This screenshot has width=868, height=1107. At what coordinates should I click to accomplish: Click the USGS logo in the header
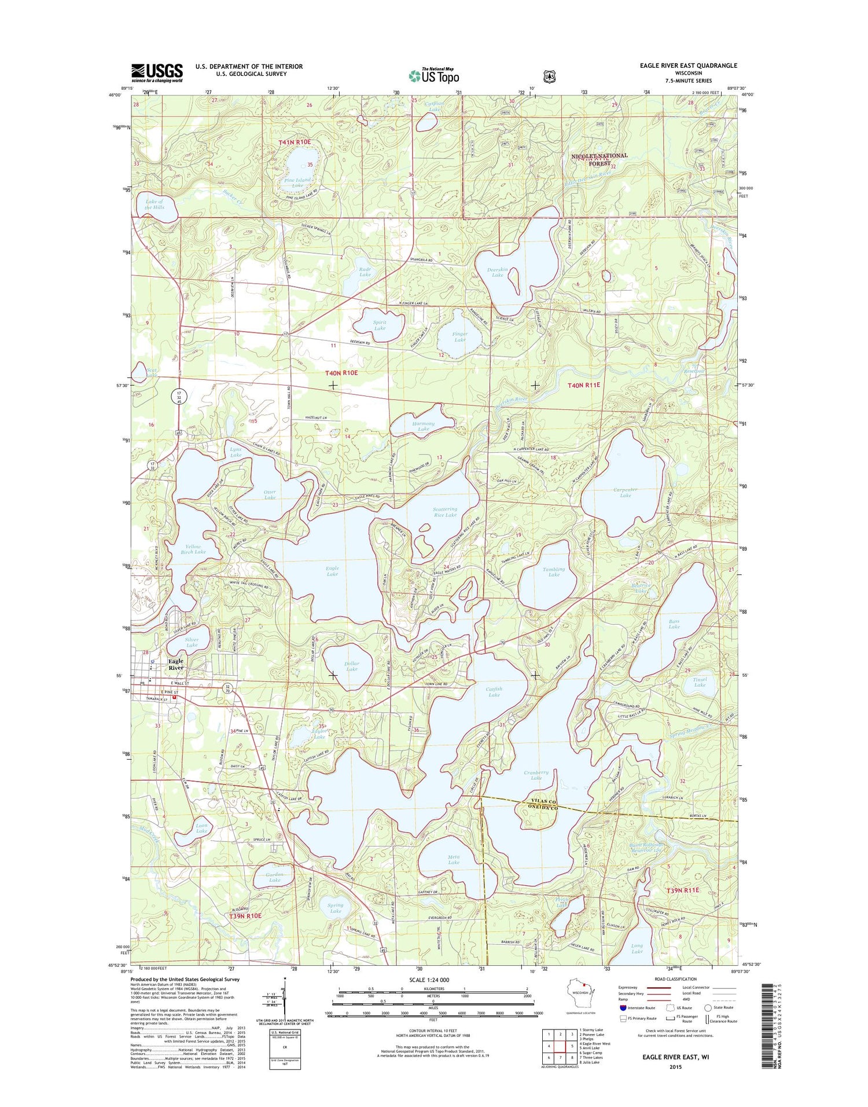[157, 73]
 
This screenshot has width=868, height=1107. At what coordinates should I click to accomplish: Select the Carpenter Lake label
[625, 493]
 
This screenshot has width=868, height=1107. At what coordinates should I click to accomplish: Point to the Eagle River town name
[175, 664]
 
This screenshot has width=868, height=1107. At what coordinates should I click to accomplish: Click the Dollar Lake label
[351, 666]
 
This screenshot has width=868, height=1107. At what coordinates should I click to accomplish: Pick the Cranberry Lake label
[536, 775]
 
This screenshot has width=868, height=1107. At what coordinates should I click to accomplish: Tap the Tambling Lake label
[554, 571]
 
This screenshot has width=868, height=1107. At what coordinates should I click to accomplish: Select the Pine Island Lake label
[297, 183]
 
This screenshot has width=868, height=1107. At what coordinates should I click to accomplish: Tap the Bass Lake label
[674, 624]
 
